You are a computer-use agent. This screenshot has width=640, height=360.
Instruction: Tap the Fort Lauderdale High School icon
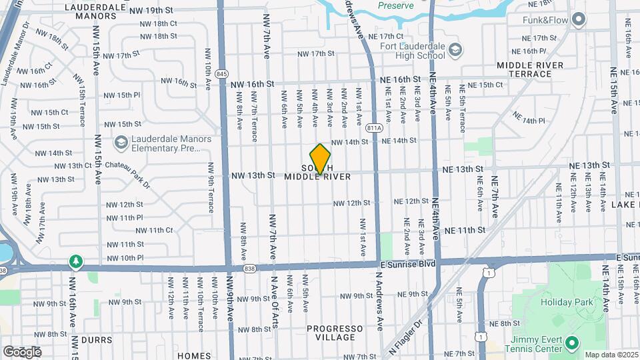(x=455, y=50)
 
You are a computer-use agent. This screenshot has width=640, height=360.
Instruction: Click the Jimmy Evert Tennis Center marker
(x=571, y=343)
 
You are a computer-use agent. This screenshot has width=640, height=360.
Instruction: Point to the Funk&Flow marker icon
(x=579, y=20)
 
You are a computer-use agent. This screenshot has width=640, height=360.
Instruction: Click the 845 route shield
(x=222, y=73)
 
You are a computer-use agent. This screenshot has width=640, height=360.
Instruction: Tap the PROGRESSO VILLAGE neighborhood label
(x=335, y=333)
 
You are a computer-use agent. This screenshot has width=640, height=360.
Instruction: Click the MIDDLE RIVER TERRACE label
(x=530, y=69)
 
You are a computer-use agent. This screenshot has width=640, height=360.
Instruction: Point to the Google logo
(x=22, y=351)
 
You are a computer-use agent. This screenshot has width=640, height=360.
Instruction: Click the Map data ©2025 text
(x=611, y=355)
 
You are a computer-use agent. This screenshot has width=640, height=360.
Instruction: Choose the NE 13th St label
(x=589, y=165)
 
